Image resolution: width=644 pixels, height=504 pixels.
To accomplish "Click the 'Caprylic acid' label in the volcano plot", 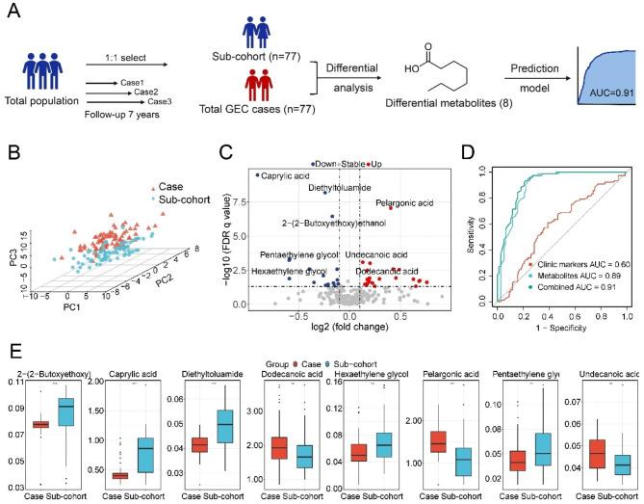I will (287, 175).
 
